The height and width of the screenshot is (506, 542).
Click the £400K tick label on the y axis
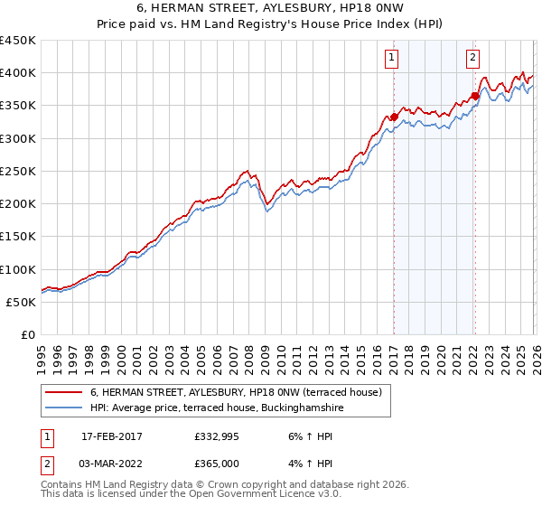tap(18, 73)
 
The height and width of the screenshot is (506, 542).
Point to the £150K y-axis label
tap(18, 237)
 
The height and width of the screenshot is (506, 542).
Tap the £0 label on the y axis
tap(27, 335)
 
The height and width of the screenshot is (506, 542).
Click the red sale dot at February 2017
tap(394, 117)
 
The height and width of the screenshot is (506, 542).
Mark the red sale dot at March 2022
tap(474, 96)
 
